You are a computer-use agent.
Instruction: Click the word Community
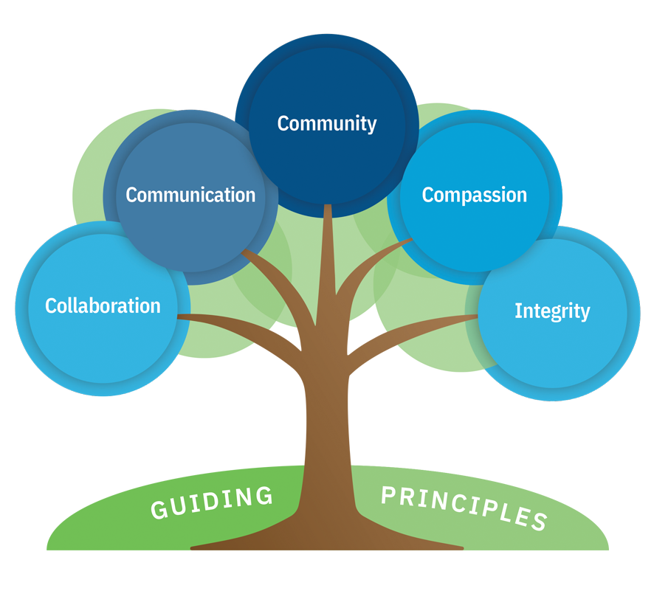tap(327, 123)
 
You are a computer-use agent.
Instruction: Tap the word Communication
tap(190, 195)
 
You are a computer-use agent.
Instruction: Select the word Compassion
tap(474, 195)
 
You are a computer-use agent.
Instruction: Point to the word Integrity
tap(552, 311)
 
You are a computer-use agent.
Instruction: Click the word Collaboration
tap(103, 305)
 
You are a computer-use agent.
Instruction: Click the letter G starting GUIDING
tap(159, 510)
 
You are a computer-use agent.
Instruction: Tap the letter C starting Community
tap(283, 123)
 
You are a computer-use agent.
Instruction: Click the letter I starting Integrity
tap(517, 310)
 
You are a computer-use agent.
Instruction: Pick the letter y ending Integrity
tap(585, 313)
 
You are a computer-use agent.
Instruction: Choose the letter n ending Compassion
tap(521, 196)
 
